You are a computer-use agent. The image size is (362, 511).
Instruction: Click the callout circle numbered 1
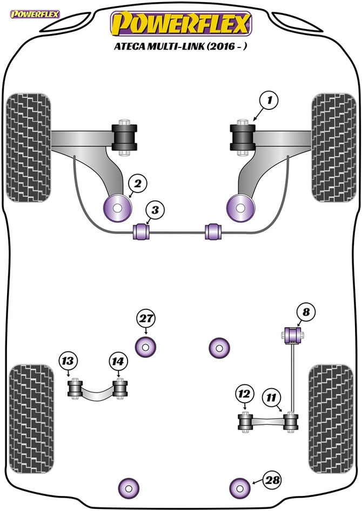(269, 101)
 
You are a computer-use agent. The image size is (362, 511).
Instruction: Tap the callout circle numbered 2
(138, 184)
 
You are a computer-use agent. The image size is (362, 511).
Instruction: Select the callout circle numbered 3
(155, 211)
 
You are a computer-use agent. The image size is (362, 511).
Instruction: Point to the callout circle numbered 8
(306, 313)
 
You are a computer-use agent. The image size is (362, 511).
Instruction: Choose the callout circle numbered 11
(271, 398)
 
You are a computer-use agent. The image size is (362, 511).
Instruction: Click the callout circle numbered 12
(244, 395)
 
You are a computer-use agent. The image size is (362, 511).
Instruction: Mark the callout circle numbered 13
(68, 361)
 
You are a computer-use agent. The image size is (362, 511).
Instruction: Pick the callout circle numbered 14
(118, 362)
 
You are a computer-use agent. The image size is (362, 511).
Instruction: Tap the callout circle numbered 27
(146, 319)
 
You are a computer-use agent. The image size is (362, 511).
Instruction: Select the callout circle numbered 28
(273, 480)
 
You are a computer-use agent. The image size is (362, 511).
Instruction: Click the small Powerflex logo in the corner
(35, 15)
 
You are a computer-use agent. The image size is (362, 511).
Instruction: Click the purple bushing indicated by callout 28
(240, 488)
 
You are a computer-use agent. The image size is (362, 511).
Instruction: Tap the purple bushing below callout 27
(146, 347)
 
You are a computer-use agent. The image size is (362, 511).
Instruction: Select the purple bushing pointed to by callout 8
(293, 335)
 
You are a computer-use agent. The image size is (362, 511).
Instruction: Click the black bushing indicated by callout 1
(243, 137)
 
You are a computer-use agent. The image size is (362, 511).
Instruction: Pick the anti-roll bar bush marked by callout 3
(142, 231)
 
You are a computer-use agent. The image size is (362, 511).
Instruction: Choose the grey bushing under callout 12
(246, 422)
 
